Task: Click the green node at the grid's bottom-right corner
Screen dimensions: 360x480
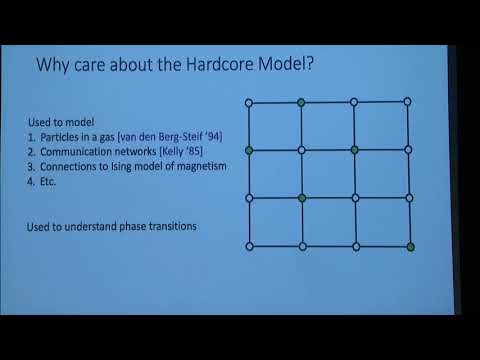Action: click(x=410, y=246)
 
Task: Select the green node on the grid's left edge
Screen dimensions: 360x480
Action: click(x=248, y=150)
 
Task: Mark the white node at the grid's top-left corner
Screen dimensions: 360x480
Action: click(x=248, y=102)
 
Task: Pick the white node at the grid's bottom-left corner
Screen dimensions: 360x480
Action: click(x=248, y=246)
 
